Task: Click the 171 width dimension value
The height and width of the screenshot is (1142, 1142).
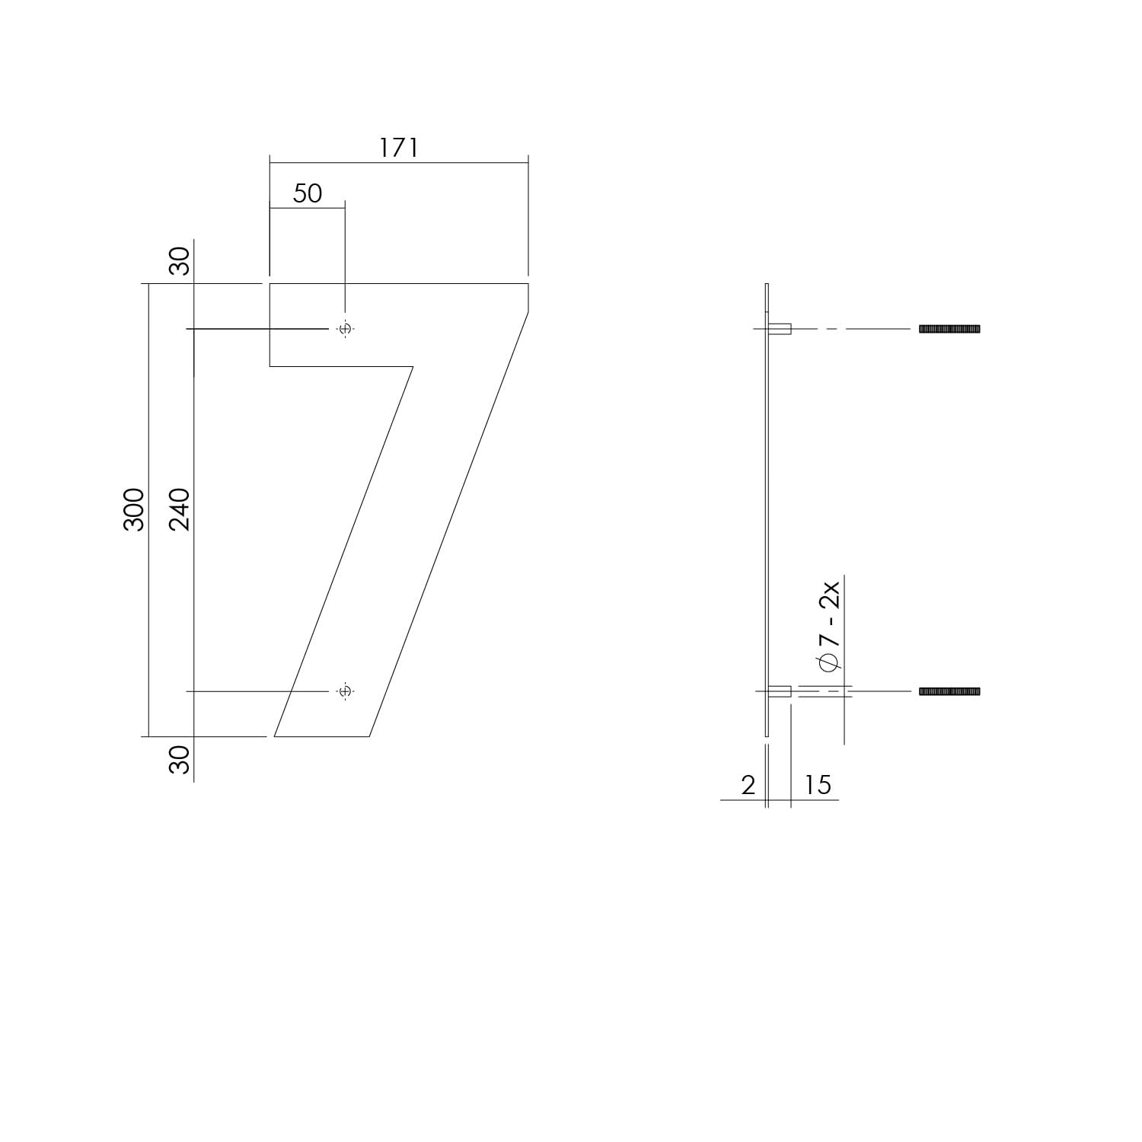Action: [399, 148]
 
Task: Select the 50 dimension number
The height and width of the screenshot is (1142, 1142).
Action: [308, 193]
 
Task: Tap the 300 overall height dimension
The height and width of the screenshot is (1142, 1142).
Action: [134, 509]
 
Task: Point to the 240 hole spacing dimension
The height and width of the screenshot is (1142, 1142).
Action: [180, 509]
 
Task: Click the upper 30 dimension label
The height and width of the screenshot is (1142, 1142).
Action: [180, 261]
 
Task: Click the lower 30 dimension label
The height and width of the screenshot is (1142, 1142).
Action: [180, 759]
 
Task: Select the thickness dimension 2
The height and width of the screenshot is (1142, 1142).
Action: [748, 785]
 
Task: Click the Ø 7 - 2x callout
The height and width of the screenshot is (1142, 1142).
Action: [830, 626]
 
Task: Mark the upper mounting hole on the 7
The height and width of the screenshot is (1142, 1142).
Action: [345, 329]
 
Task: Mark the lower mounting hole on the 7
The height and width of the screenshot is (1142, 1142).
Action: [345, 691]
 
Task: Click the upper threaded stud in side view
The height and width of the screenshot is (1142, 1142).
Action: [949, 329]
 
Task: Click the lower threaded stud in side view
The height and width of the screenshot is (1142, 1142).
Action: [949, 691]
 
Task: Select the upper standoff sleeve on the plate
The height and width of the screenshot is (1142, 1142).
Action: [780, 329]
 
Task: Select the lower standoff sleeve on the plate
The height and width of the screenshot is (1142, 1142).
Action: [780, 691]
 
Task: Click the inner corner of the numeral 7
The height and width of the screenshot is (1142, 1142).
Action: [413, 367]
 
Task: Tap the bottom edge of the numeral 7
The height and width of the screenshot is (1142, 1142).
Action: [322, 736]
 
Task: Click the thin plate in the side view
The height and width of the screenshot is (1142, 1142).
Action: [767, 510]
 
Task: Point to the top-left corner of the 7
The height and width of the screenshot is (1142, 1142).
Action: [271, 284]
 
